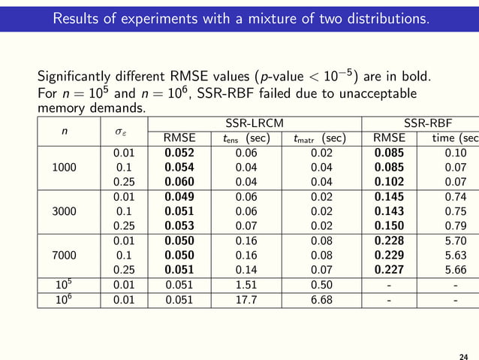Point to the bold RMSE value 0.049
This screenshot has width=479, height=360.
click(179, 197)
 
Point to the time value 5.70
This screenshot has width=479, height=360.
click(456, 241)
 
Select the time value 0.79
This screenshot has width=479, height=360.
click(456, 226)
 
